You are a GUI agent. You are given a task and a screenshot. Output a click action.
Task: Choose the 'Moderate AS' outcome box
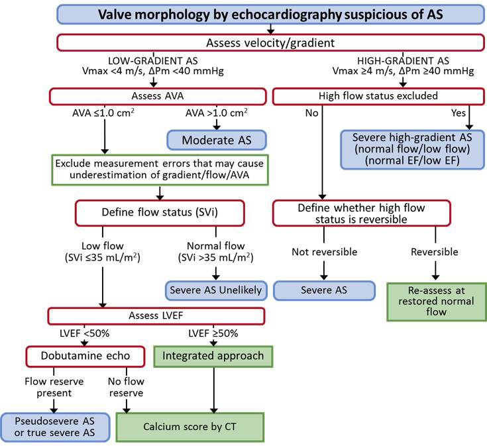(x=215, y=140)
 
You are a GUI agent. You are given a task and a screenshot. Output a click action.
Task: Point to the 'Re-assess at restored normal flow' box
(x=434, y=302)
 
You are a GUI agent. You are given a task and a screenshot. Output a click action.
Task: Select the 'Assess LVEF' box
(x=156, y=314)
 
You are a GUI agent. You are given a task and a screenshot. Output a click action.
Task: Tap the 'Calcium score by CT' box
(x=190, y=427)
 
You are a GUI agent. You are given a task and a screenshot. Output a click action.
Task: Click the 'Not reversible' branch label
(x=324, y=252)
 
